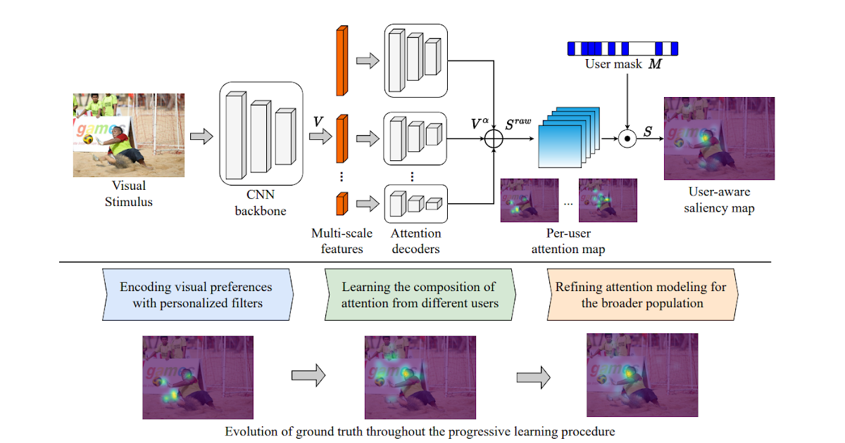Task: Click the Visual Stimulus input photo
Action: coord(129,135)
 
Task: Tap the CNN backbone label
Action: coord(261,200)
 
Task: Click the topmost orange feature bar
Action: coord(342,60)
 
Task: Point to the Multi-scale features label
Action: coord(342,240)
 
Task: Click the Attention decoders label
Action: coord(415,240)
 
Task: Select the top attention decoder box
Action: coord(415,60)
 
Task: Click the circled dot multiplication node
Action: coord(627,139)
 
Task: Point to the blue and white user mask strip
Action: coord(622,49)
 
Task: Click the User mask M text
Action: coord(623,64)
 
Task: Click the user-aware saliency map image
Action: coord(719,139)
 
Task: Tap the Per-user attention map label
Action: coord(568,240)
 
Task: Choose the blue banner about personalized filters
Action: coord(196,295)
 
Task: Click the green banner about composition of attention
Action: coord(420,295)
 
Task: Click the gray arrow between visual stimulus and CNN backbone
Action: coord(202,137)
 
